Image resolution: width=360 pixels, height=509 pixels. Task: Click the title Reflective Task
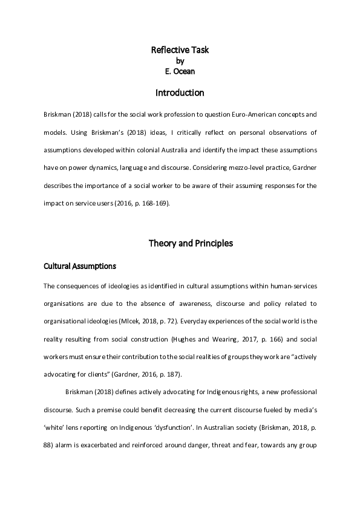[x=180, y=50]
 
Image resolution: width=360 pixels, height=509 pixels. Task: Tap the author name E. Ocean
[x=180, y=71]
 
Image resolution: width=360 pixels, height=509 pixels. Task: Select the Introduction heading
[x=180, y=93]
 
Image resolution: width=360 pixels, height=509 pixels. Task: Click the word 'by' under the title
[x=180, y=61]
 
